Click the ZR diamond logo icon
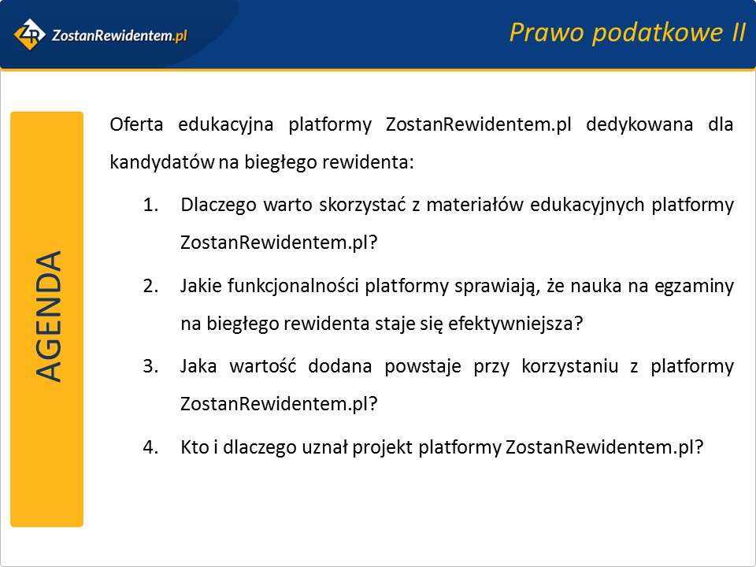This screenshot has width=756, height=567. click(x=30, y=34)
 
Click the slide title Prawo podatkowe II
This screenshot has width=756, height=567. click(x=628, y=33)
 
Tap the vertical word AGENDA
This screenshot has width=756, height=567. click(x=48, y=317)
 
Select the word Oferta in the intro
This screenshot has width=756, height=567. click(x=136, y=124)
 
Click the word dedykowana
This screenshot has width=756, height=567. click(x=639, y=125)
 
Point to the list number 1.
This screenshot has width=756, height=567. click(x=150, y=205)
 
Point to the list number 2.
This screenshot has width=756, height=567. click(x=150, y=286)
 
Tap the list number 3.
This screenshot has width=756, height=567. click(x=150, y=366)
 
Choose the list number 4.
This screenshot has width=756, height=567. click(x=150, y=447)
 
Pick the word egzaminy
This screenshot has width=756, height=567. click(x=694, y=287)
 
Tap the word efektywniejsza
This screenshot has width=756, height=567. click(x=515, y=324)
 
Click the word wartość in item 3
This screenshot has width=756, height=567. click(x=263, y=366)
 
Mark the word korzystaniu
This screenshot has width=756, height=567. click(x=570, y=367)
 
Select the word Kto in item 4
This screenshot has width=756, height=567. click(x=195, y=447)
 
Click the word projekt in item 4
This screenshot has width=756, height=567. click(x=383, y=448)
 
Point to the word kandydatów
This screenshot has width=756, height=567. click(x=162, y=162)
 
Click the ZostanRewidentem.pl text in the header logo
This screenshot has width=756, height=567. click(x=119, y=35)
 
